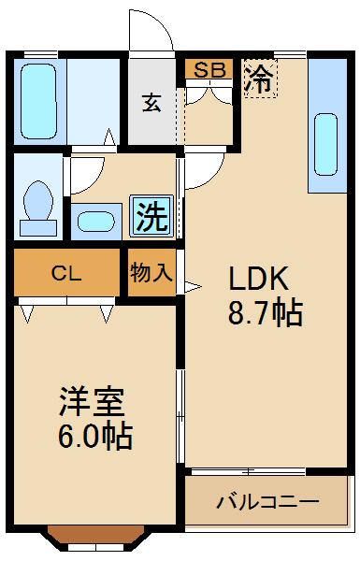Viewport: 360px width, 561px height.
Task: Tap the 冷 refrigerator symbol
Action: (259, 79)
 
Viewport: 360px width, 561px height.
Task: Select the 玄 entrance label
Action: (151, 102)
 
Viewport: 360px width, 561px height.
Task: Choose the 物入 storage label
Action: (151, 273)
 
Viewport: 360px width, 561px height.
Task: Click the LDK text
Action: (263, 278)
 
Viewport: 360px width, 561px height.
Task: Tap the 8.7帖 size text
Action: (266, 313)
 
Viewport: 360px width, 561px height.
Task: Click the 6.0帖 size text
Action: (94, 435)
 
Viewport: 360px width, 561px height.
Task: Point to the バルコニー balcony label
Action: (268, 502)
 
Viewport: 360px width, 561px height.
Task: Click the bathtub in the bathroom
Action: (40, 101)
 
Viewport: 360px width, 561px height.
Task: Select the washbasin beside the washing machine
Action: (94, 222)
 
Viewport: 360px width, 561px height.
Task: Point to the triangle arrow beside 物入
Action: (193, 287)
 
